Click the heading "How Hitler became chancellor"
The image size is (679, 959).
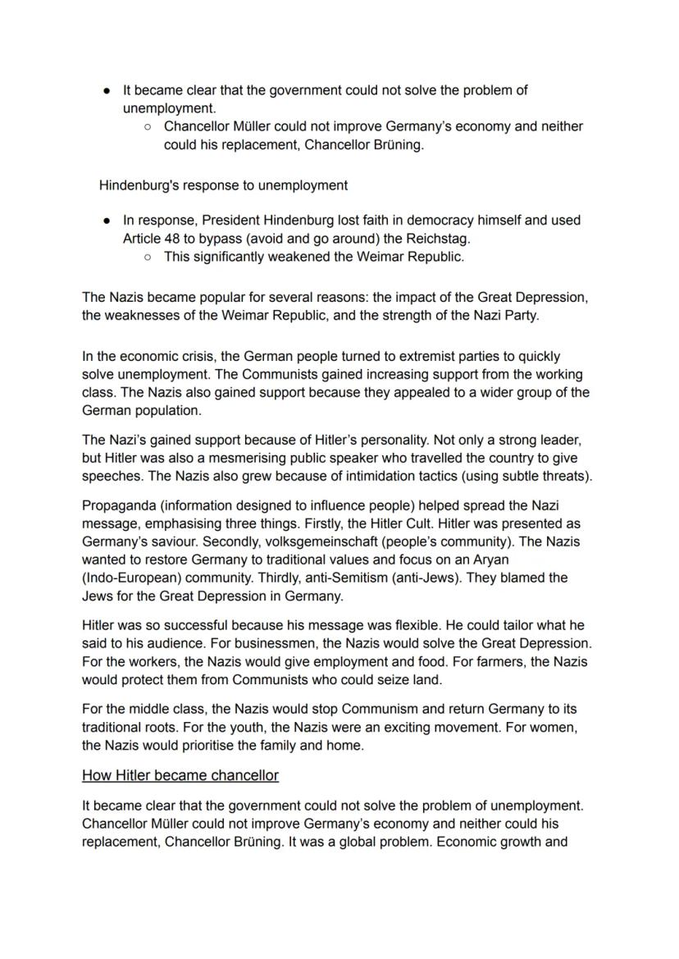(x=180, y=775)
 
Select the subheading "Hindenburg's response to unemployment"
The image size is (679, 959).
(x=223, y=185)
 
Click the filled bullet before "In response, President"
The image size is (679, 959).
(x=107, y=221)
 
